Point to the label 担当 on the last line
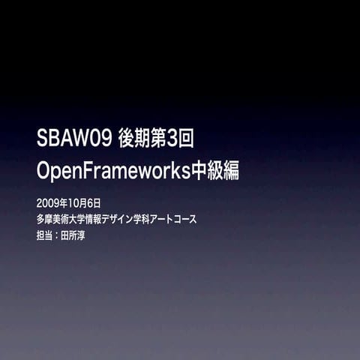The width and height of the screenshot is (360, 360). click(x=44, y=235)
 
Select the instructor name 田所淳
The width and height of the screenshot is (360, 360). click(x=76, y=235)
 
